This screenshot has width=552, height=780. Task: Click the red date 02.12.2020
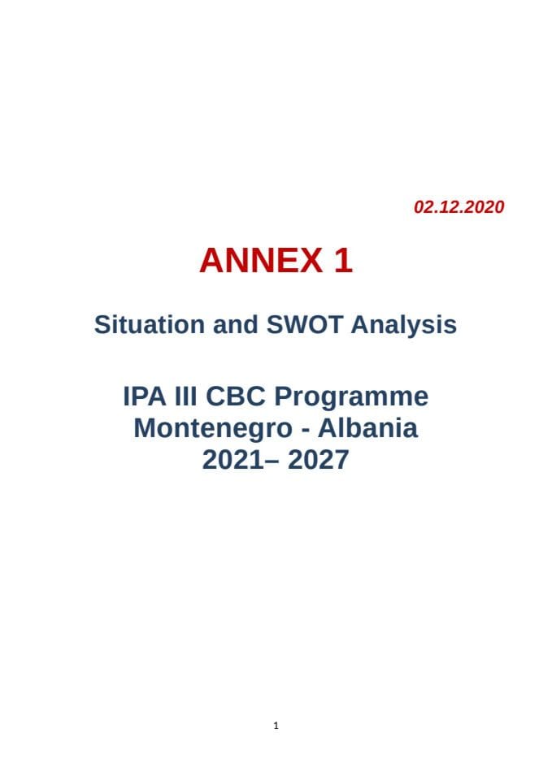pos(459,207)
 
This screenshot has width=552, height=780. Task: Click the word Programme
pos(350,398)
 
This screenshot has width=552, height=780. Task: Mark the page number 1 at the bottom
pos(276,726)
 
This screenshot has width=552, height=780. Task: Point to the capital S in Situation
pos(102,324)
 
